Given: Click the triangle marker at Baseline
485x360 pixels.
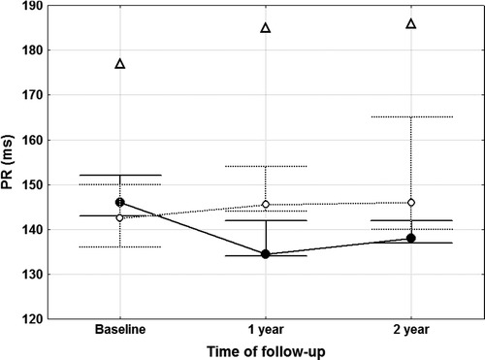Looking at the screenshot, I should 119,64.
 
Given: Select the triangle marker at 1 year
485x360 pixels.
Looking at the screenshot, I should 265,28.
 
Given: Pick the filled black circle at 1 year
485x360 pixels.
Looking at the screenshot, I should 265,254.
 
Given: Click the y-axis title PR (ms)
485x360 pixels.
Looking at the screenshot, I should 13,162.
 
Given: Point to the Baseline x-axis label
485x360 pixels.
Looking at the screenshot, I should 119,330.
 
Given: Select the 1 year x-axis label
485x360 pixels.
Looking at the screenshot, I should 265,330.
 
